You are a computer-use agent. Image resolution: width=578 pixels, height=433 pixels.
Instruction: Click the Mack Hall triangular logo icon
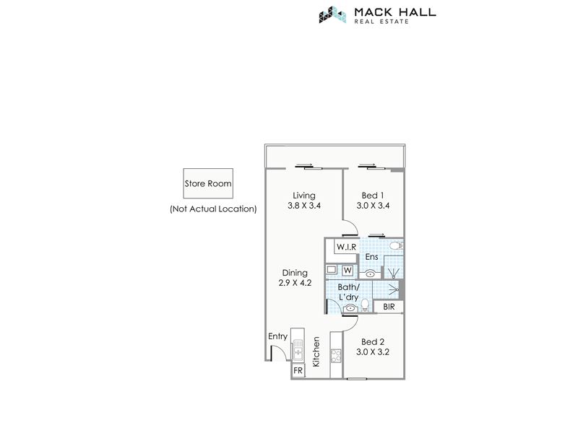pos(332,14)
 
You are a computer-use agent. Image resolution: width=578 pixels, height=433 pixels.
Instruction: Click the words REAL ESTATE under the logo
pos(381,22)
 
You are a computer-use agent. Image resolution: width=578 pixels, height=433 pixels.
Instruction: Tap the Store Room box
pos(208,183)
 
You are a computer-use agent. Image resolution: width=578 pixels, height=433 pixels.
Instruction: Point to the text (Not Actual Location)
pos(213,209)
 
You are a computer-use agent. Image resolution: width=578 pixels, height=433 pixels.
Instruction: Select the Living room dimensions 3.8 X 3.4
pos(304,206)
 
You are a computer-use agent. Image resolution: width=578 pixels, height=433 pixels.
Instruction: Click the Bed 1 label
pos(373,196)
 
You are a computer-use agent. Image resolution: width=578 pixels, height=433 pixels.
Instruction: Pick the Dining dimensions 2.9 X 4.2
pos(295,283)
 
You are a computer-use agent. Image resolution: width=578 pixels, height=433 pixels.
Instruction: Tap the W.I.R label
pos(347,247)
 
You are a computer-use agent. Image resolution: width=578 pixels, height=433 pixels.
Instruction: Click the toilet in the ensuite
pos(396,245)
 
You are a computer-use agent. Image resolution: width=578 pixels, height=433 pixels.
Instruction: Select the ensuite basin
pos(370,274)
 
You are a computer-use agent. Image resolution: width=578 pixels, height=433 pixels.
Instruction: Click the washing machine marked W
pos(348,271)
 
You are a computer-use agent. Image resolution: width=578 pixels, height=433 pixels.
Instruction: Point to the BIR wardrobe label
pos(389,307)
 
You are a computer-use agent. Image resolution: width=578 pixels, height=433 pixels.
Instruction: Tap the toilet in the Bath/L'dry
pos(365,305)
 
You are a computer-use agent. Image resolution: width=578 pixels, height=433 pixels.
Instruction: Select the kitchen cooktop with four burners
pos(336,356)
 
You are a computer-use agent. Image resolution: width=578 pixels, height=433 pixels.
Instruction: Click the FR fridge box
pos(298,371)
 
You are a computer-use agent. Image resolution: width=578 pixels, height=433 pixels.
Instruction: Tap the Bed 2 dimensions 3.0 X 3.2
pos(373,352)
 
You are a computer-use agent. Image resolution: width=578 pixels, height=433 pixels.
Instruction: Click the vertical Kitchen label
pos(316,352)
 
